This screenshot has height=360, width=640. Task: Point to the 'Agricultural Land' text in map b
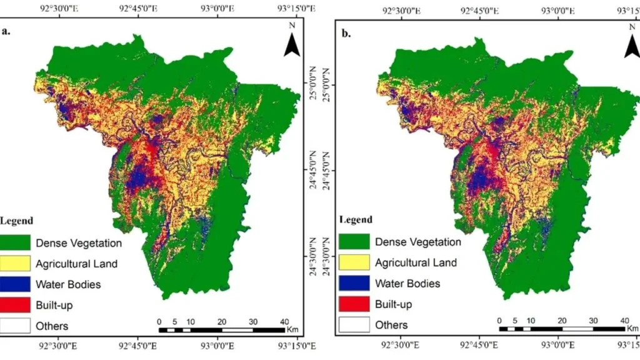click(416, 262)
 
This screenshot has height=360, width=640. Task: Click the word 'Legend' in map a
click(17, 221)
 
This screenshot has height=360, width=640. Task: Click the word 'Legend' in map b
click(356, 219)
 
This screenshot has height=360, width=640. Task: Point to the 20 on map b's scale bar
click(562, 320)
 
